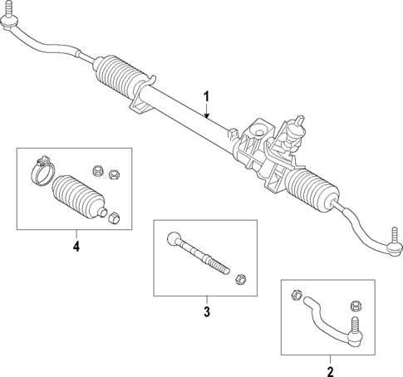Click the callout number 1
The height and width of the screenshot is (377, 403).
(x=206, y=97)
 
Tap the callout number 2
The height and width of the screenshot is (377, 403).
(x=330, y=370)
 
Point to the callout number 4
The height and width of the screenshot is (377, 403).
(x=76, y=247)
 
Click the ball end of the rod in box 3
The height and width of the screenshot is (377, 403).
(x=173, y=239)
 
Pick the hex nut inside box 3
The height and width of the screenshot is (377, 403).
(x=242, y=278)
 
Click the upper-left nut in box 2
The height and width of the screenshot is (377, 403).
(x=296, y=292)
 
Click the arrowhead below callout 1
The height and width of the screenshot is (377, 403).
(x=207, y=115)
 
